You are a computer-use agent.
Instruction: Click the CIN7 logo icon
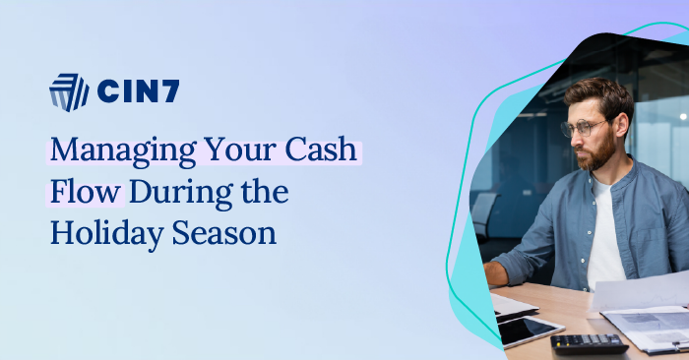coord(69,92)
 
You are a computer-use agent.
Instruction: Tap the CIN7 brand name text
coord(138,92)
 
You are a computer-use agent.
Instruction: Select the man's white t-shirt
coord(604,236)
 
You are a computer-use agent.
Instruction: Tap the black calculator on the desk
coord(589,343)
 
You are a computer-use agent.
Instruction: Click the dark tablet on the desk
coord(530,330)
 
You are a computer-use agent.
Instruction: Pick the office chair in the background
coord(484,216)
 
